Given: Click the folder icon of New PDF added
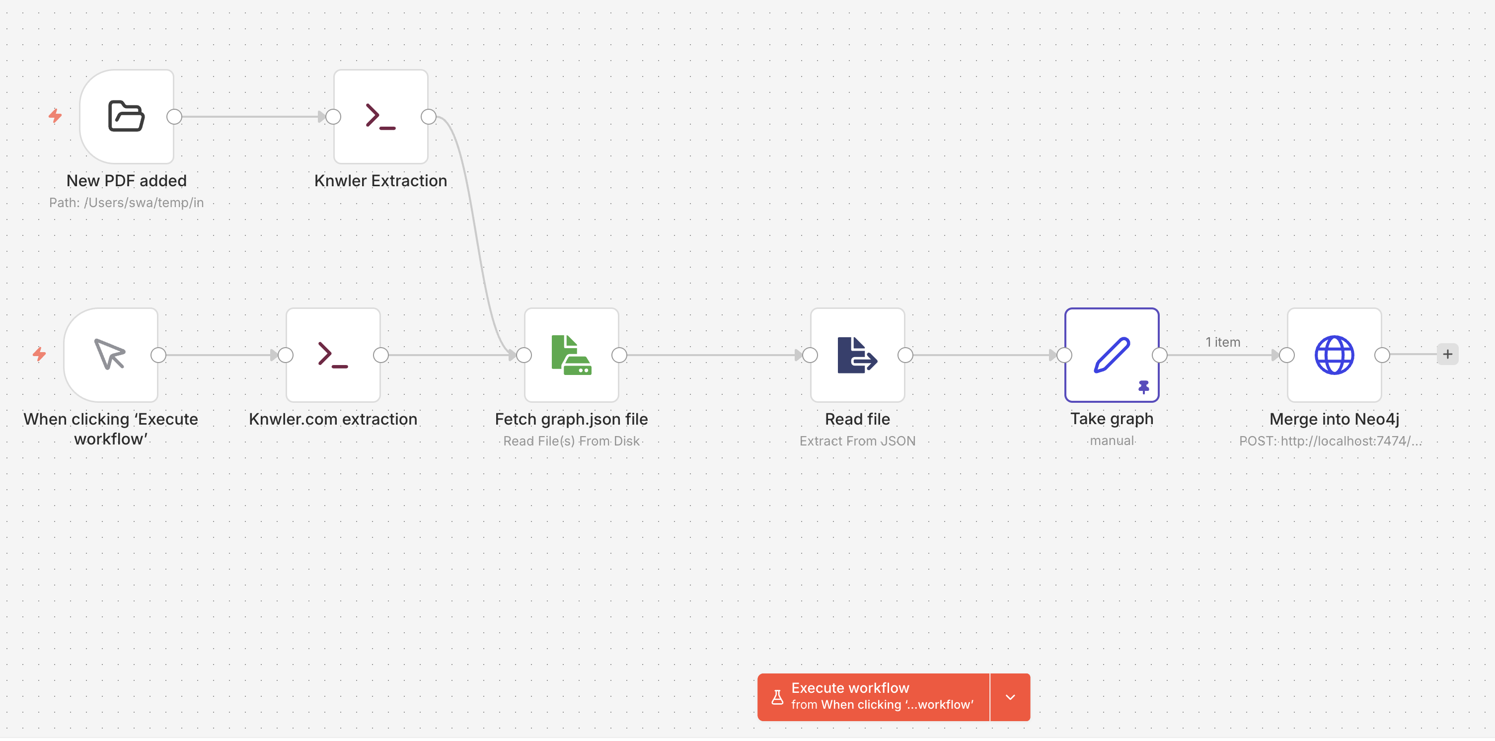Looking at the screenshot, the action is pyautogui.click(x=126, y=116).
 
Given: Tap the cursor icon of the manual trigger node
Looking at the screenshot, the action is pyautogui.click(x=110, y=354).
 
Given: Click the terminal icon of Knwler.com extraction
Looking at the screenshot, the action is pyautogui.click(x=333, y=355).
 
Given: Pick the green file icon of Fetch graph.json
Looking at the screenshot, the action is pyautogui.click(x=571, y=355).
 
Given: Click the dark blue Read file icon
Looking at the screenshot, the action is pyautogui.click(x=857, y=355).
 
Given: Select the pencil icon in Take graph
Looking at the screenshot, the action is pyautogui.click(x=1112, y=355).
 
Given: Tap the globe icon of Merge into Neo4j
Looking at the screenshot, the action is pyautogui.click(x=1334, y=355).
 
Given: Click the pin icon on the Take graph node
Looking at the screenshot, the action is pyautogui.click(x=1143, y=387).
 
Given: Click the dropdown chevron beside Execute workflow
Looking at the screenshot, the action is pyautogui.click(x=1010, y=697).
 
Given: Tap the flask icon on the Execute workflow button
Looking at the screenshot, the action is pyautogui.click(x=777, y=697).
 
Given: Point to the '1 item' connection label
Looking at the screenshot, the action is pyautogui.click(x=1222, y=342).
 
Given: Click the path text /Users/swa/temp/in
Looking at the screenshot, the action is pyautogui.click(x=144, y=203).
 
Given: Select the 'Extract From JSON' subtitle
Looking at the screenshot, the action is pyautogui.click(x=857, y=441).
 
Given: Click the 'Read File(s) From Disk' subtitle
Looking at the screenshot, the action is pyautogui.click(x=571, y=441).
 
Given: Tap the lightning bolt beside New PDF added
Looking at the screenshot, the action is pyautogui.click(x=55, y=116).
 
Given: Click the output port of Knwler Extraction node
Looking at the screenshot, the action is pyautogui.click(x=428, y=117).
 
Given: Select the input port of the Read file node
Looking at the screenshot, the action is pyautogui.click(x=810, y=355).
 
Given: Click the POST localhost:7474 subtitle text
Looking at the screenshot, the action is pyautogui.click(x=1330, y=441).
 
